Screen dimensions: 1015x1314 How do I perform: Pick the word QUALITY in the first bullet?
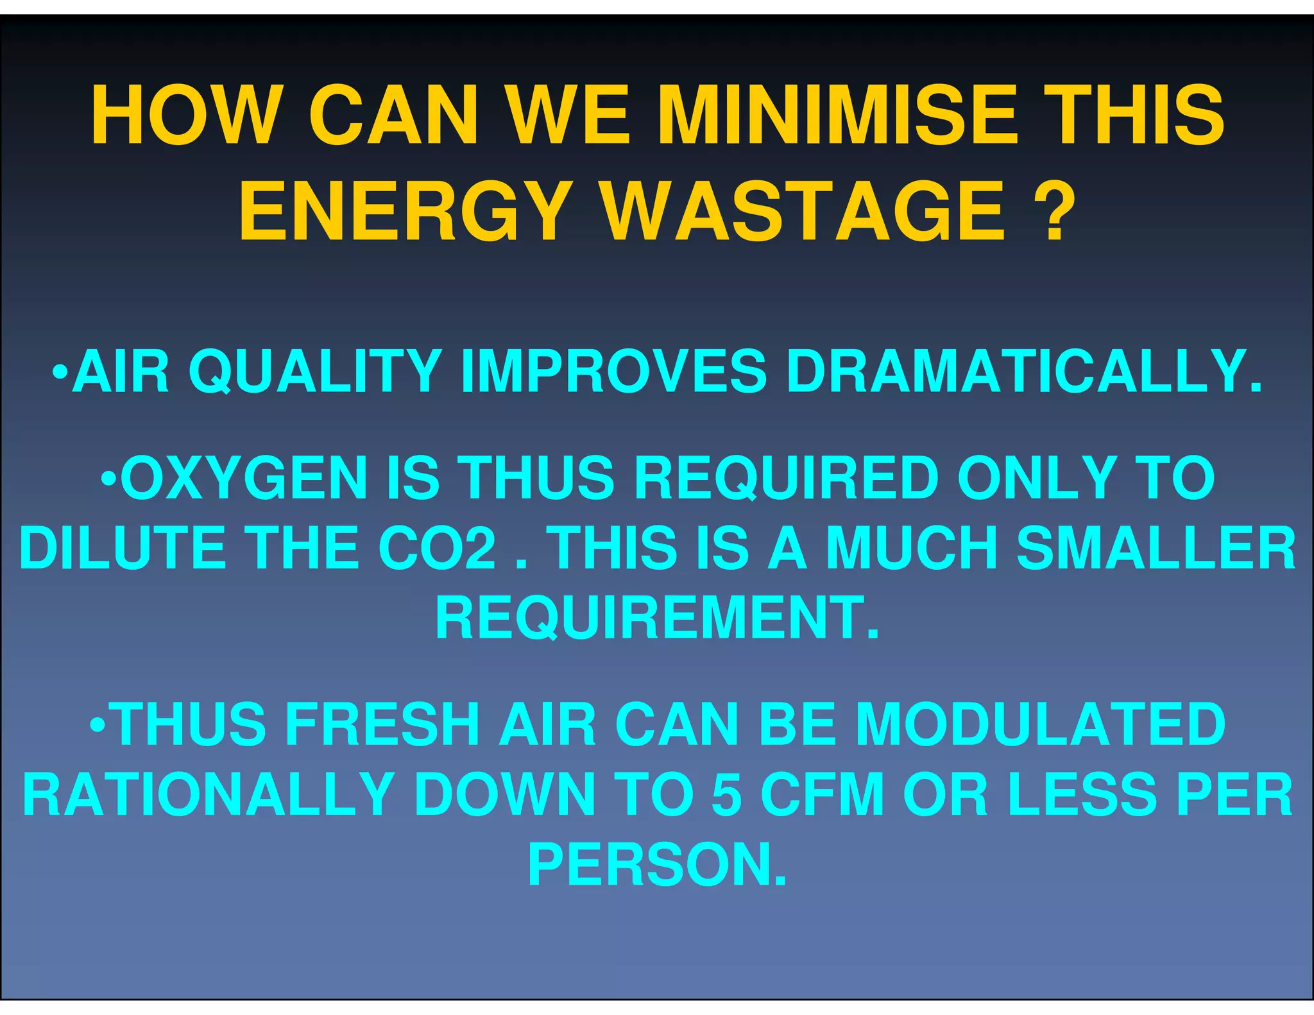(x=314, y=371)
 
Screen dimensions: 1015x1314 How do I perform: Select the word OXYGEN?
(x=244, y=478)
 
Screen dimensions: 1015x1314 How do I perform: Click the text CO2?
(x=437, y=549)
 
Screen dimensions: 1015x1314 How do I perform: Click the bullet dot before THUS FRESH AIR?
(x=98, y=725)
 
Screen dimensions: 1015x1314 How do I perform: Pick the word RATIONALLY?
(x=209, y=795)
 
